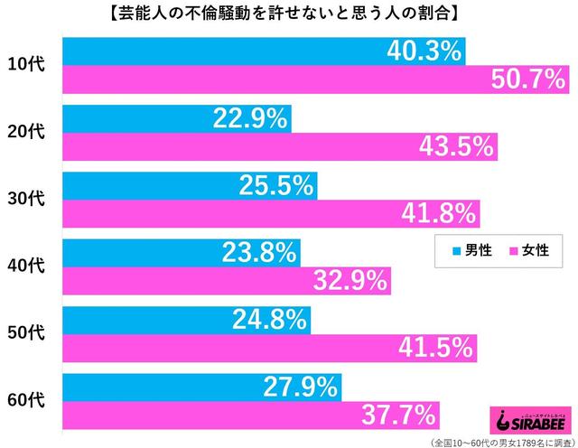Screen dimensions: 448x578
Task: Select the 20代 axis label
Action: pos(29,132)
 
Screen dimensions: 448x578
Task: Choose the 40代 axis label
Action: pos(29,266)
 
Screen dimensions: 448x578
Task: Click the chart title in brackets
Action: pos(289,14)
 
